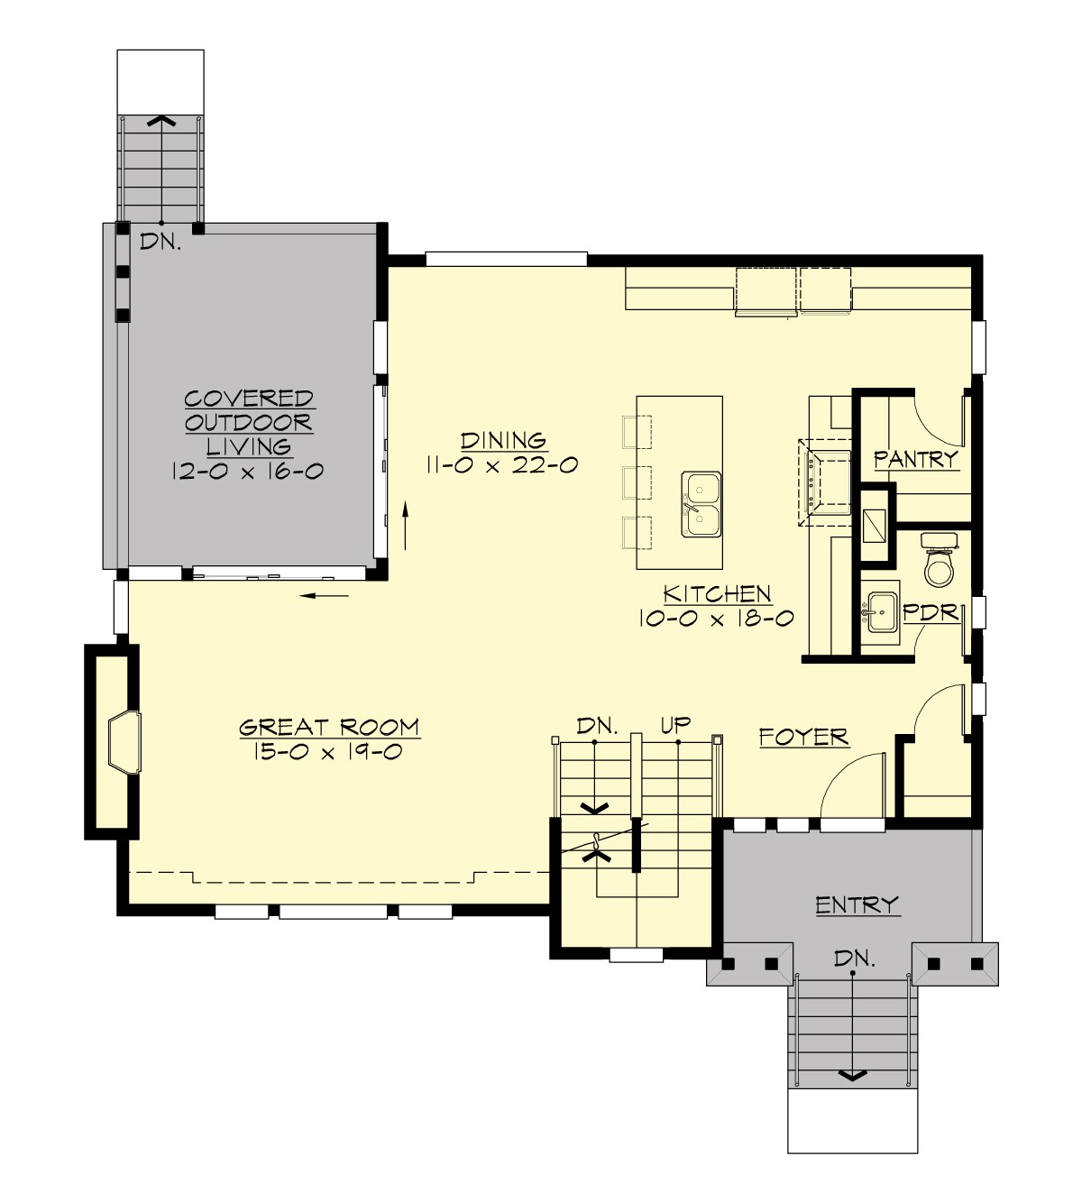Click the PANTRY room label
tap(916, 460)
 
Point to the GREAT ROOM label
tap(328, 727)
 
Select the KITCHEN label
tap(717, 594)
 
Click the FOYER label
tap(803, 738)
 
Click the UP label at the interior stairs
tap(675, 723)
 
